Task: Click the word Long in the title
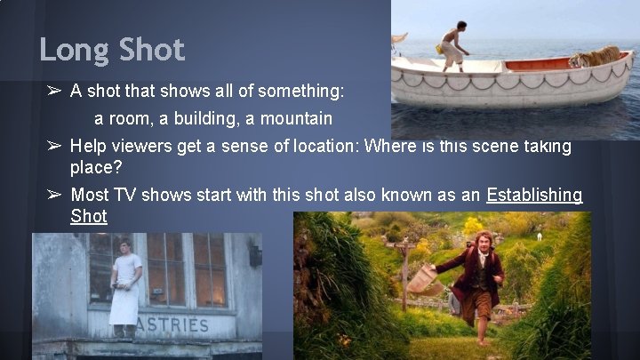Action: (x=74, y=50)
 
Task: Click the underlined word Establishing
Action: (x=534, y=195)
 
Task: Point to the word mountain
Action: (x=293, y=118)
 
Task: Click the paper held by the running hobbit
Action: (x=421, y=277)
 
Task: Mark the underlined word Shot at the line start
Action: (x=88, y=216)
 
